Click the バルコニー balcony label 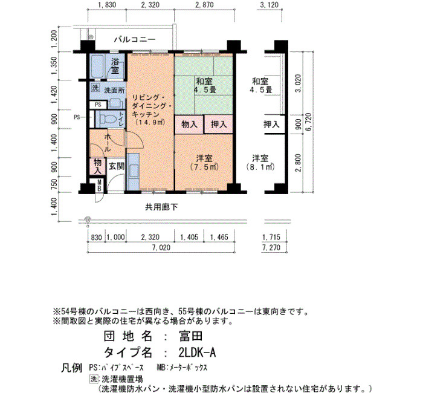[x=135, y=39]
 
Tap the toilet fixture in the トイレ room [x=108, y=119]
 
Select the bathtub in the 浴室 [x=97, y=66]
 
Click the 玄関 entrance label [x=117, y=166]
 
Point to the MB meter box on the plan [x=99, y=186]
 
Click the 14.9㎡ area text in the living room [x=150, y=122]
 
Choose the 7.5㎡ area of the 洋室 [x=204, y=167]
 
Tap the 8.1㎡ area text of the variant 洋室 [x=260, y=167]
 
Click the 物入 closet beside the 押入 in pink [x=189, y=125]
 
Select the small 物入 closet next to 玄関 [x=97, y=166]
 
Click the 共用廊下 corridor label [x=161, y=207]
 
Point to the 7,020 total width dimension [x=161, y=247]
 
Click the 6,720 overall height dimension [x=308, y=122]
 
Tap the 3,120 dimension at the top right [x=270, y=5]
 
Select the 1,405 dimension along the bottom [x=189, y=237]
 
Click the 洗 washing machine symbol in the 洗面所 [x=95, y=88]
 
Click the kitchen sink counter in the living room [x=133, y=172]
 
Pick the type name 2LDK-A [x=197, y=352]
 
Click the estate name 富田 [x=190, y=336]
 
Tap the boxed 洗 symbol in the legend [x=93, y=379]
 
